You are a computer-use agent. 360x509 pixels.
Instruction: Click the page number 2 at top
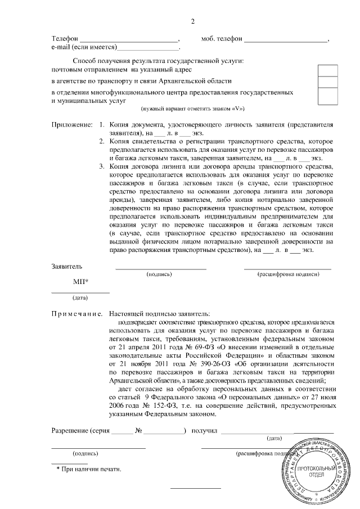pyautogui.click(x=193, y=22)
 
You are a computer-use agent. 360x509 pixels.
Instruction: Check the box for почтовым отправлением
pyautogui.click(x=328, y=70)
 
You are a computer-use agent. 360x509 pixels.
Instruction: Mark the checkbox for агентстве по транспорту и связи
pyautogui.click(x=328, y=83)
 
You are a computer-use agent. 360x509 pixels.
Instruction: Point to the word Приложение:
pyautogui.click(x=71, y=124)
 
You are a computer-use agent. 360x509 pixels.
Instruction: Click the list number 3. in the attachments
pyautogui.click(x=101, y=166)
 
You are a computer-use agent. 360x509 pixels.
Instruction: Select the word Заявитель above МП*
pyautogui.click(x=67, y=265)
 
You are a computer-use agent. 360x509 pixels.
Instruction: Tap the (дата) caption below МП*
pyautogui.click(x=80, y=298)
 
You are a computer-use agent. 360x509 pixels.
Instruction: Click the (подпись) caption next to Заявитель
pyautogui.click(x=160, y=274)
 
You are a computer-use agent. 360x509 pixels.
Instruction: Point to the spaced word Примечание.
pyautogui.click(x=76, y=313)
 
